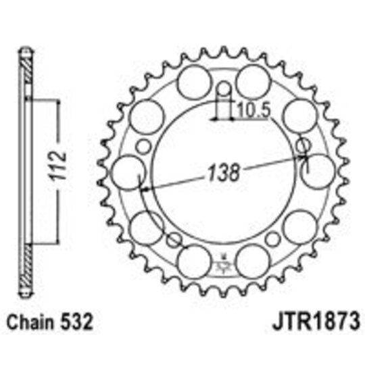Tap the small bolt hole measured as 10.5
[x=224, y=89]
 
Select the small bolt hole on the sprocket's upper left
[x=143, y=145]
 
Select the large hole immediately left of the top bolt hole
[x=193, y=80]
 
